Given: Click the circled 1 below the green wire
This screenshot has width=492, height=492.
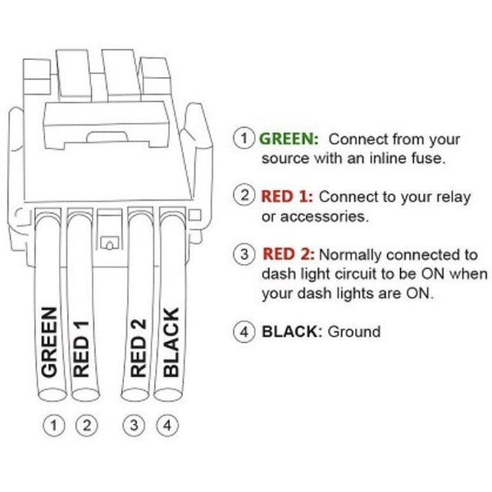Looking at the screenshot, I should [x=54, y=426].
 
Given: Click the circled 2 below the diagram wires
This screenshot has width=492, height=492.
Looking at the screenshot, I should [x=86, y=426].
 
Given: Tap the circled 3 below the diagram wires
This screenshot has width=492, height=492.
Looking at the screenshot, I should [x=134, y=426].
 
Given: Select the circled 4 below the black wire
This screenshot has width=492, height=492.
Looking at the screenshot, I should [x=166, y=426].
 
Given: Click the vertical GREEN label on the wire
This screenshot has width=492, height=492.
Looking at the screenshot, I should [x=50, y=342].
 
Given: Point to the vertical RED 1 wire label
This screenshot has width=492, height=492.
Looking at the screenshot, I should [x=82, y=348].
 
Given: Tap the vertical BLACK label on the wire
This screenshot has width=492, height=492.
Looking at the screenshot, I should [x=171, y=342].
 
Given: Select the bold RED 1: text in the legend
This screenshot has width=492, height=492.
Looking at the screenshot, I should [x=288, y=197].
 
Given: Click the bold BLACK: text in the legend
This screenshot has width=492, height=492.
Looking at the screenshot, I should [x=292, y=332].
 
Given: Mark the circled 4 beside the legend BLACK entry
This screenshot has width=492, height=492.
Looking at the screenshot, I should [x=244, y=333].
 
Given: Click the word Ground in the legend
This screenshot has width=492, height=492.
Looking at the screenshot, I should [x=354, y=332].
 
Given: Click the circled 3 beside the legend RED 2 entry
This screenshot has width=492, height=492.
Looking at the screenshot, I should [x=244, y=255].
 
